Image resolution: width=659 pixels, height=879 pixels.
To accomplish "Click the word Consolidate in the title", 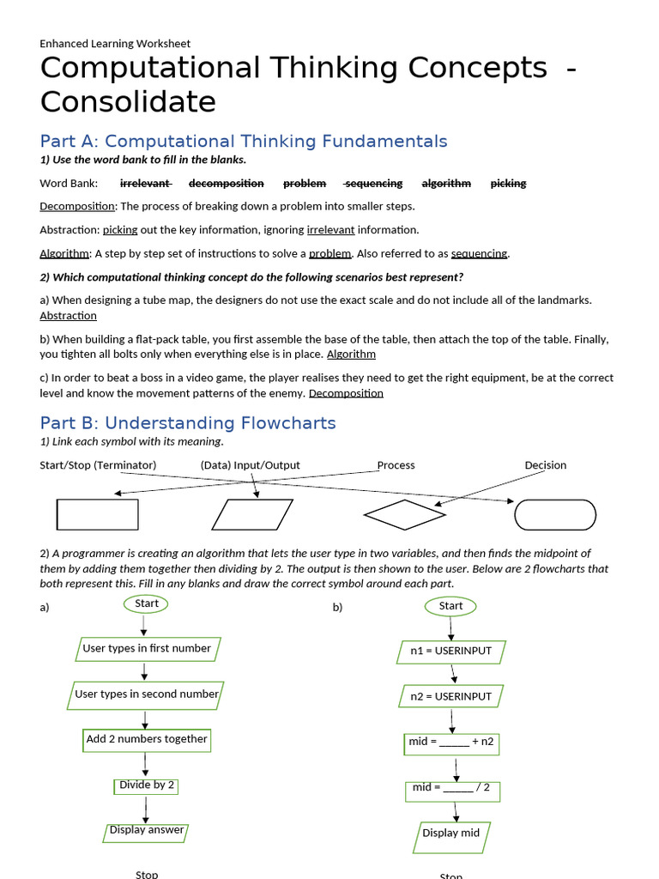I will [x=128, y=102].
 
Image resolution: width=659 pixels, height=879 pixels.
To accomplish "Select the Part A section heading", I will [x=244, y=141].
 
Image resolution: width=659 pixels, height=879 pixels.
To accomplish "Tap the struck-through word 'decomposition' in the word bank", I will [x=226, y=183].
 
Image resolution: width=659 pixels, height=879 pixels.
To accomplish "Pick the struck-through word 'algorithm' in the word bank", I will [x=446, y=183].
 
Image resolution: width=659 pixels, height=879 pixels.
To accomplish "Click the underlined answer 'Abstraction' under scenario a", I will [x=68, y=316].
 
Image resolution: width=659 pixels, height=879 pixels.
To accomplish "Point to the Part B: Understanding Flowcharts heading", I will [x=188, y=422].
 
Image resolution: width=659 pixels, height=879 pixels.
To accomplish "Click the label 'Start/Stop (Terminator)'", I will [x=98, y=465].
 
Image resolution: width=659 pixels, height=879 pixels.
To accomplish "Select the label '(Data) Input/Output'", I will [x=251, y=465].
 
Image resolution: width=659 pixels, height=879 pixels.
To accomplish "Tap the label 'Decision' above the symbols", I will [x=546, y=465].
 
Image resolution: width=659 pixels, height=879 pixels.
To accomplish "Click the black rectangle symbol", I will [x=97, y=514].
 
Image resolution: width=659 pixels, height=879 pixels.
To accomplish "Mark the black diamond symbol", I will [x=404, y=515].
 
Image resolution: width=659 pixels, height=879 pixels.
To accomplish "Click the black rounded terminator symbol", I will [x=554, y=515].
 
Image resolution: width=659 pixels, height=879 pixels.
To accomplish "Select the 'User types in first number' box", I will [x=147, y=649].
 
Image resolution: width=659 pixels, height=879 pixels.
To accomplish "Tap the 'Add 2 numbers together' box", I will [x=147, y=739].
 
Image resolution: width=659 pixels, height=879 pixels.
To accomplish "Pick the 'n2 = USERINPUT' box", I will [x=450, y=696].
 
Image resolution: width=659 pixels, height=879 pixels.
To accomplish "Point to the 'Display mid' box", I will [x=451, y=834].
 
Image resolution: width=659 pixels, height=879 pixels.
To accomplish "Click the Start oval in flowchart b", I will [x=450, y=606].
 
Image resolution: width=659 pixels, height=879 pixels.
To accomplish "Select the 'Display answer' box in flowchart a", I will [x=147, y=830].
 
